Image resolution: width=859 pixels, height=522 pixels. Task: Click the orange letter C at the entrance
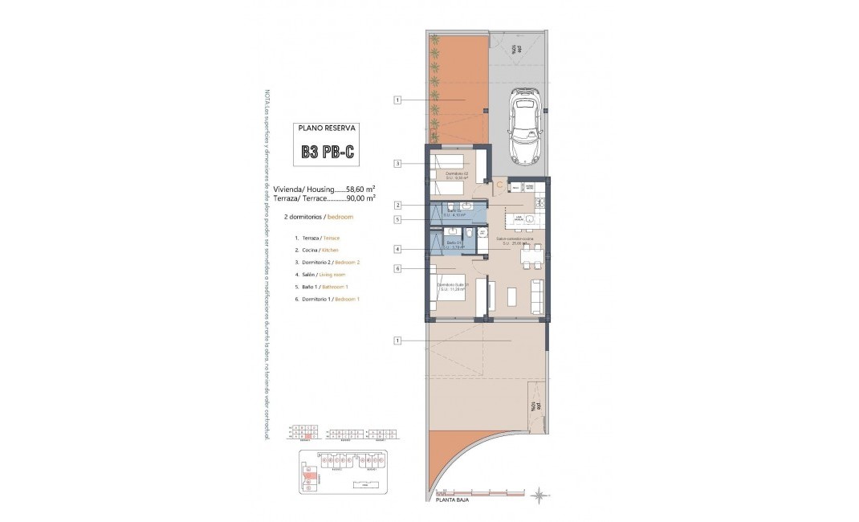[x=499, y=185]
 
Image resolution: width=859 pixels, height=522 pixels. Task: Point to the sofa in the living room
[x=537, y=297]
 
